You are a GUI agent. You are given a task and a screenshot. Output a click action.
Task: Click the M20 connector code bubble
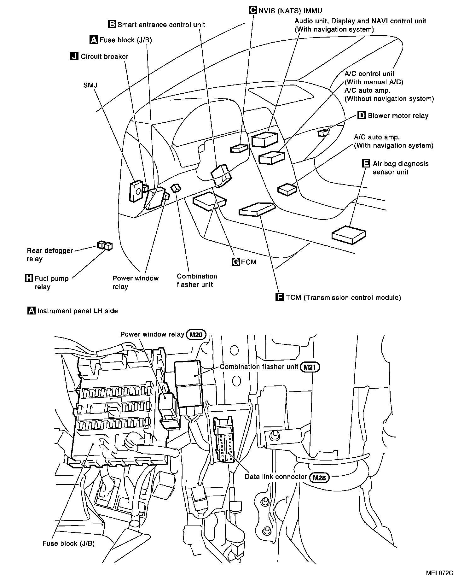[196, 335]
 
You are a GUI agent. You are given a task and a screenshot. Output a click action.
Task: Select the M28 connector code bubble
[319, 478]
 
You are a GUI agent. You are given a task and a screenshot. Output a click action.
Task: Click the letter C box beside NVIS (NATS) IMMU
[253, 10]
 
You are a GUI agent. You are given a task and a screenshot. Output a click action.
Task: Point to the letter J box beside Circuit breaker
[74, 56]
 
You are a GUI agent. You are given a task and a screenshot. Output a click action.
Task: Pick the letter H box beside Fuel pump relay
[29, 279]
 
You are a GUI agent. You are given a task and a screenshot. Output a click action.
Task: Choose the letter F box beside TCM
[280, 297]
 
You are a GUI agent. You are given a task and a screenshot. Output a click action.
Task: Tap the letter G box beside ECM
[235, 262]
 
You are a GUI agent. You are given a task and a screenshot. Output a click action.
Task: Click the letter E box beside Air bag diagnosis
[366, 163]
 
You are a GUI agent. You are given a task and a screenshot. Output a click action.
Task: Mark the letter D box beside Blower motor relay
[361, 115]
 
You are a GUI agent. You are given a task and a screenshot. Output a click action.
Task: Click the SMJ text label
[90, 85]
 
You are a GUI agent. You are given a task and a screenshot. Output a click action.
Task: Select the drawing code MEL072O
[440, 572]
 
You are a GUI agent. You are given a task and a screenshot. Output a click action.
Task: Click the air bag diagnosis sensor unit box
[349, 235]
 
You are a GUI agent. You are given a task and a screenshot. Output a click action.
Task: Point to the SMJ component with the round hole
[137, 191]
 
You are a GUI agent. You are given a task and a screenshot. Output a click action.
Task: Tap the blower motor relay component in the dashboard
[323, 133]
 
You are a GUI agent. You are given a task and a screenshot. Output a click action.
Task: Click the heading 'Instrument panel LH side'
[78, 311]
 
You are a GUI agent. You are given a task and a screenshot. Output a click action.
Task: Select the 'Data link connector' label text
[276, 477]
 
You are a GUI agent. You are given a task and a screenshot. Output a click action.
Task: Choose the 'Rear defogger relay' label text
[49, 255]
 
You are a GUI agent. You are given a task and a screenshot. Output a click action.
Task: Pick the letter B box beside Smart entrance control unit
[112, 24]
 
